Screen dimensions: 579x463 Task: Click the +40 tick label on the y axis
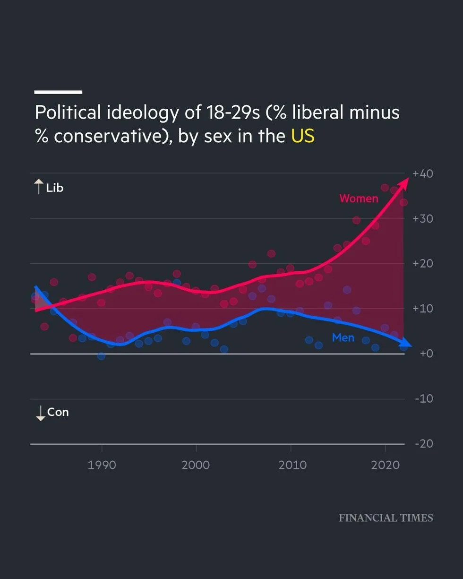click(423, 173)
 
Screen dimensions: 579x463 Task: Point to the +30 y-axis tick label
click(423, 219)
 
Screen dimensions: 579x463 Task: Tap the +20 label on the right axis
click(423, 264)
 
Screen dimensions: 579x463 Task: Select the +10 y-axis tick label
click(423, 309)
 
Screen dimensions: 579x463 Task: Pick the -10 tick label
click(424, 398)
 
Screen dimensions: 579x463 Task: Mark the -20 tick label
click(424, 443)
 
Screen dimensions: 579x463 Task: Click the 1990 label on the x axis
click(102, 465)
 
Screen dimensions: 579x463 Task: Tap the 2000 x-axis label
click(196, 465)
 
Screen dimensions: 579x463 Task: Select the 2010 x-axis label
click(291, 465)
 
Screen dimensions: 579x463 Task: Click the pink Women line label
click(359, 199)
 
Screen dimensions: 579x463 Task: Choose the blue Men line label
click(343, 338)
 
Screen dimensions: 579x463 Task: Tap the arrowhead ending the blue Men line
click(407, 344)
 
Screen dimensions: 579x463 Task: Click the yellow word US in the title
click(302, 136)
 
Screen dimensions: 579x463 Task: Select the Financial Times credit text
click(386, 518)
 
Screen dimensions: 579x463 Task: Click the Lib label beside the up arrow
click(54, 188)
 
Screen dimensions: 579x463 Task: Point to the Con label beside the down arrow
click(58, 412)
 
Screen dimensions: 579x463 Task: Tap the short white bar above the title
click(58, 92)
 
